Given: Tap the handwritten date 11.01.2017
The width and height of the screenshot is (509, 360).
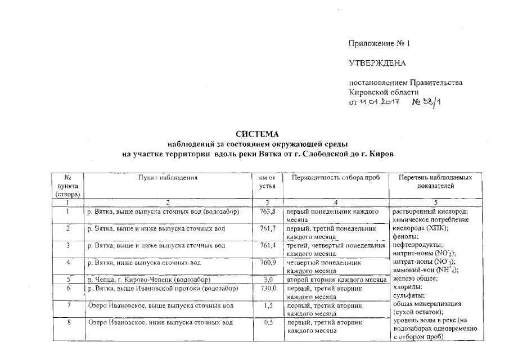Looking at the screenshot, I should [x=379, y=101].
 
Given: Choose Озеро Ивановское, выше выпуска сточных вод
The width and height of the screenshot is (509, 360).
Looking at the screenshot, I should [x=160, y=305].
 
